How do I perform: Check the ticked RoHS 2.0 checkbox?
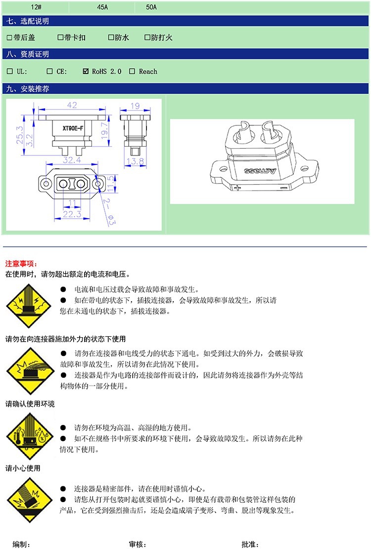pos(86,71)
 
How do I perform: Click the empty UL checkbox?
pos(10,71)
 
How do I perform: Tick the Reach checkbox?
pos(132,71)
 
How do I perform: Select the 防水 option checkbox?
pos(111,37)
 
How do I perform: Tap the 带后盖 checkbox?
pos(9,37)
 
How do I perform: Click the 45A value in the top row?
pos(102,7)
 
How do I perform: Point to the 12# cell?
pos(36,7)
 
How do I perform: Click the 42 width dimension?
pos(72,105)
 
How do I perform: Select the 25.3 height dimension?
pos(19,135)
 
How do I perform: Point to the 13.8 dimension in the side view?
pos(136,161)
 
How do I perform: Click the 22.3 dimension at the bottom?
pos(72,214)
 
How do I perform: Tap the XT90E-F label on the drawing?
pos(73,128)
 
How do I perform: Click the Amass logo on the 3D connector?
pos(260,171)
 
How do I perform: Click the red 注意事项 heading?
pos(21,264)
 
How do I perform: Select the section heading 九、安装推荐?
pos(27,88)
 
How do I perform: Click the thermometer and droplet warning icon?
pos(30,436)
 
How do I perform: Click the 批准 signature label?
pos(250,544)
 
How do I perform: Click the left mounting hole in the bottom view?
pos(46,183)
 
